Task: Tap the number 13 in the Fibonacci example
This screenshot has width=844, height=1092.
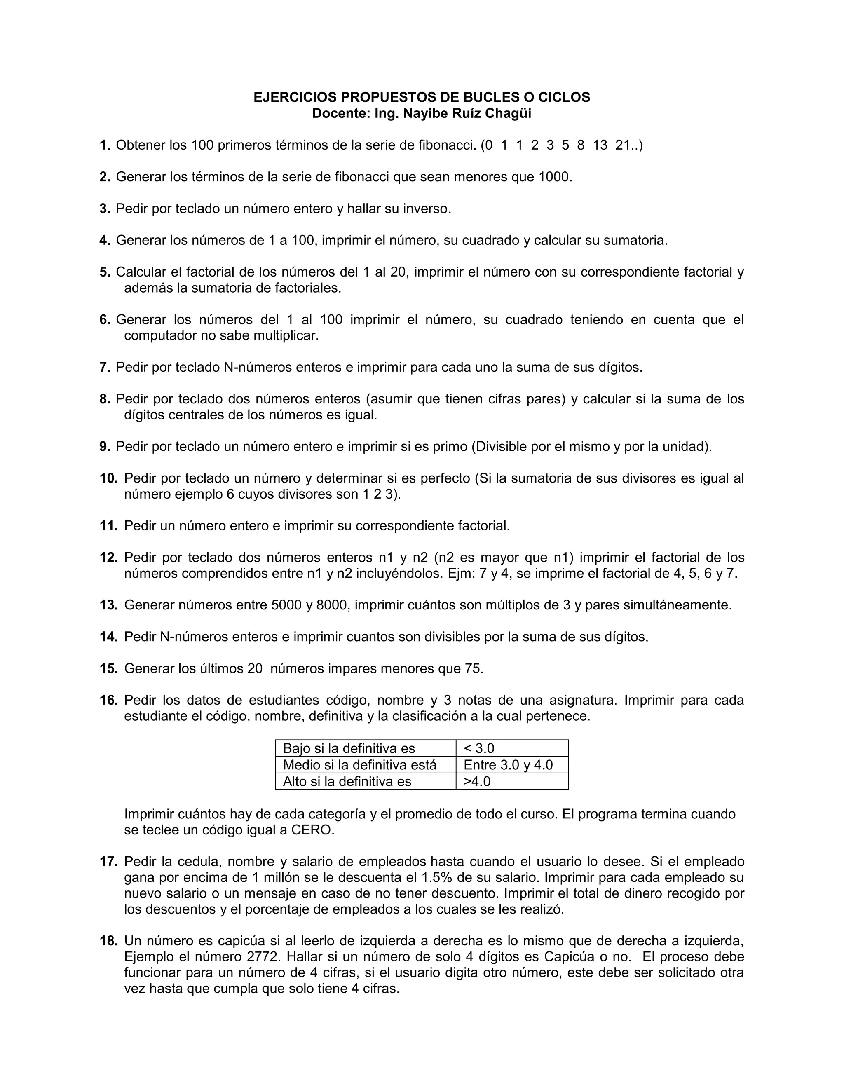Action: (600, 145)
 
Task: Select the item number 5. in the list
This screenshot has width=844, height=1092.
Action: (105, 272)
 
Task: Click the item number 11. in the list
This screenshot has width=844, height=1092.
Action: (108, 526)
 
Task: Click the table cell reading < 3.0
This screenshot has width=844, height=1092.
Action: (479, 748)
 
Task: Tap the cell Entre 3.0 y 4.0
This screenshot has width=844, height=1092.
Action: (508, 765)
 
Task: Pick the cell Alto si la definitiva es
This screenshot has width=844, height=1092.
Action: (347, 781)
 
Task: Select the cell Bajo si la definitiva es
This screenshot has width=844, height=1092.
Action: (349, 748)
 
